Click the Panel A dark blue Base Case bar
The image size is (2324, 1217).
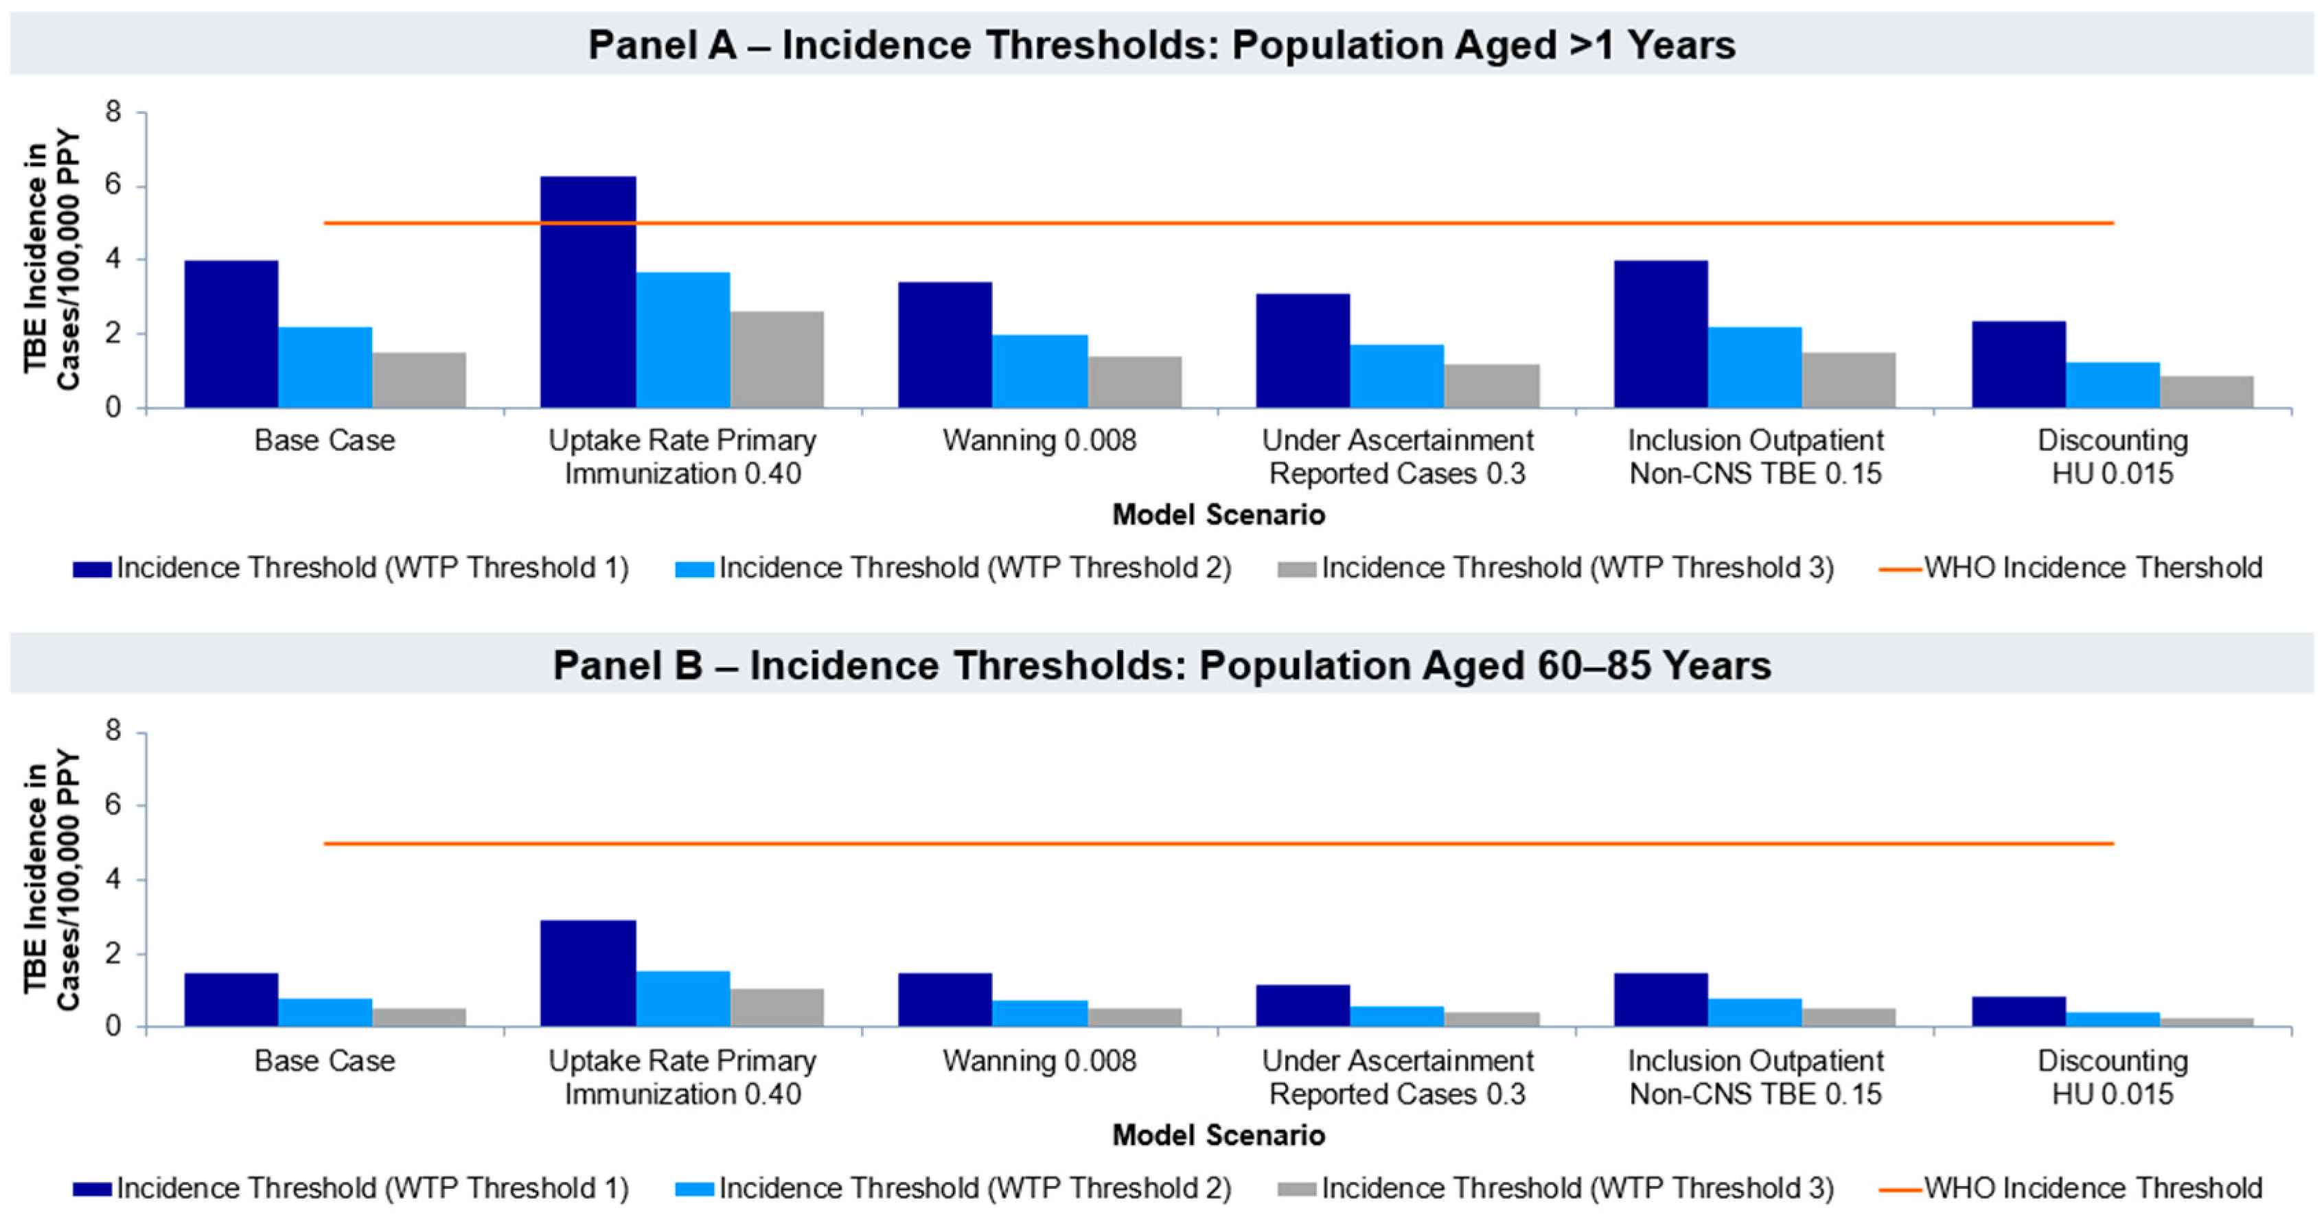click(231, 334)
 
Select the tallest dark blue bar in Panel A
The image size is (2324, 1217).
click(588, 292)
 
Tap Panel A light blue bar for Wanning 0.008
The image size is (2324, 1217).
click(1039, 371)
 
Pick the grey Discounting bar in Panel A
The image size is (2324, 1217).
click(2206, 391)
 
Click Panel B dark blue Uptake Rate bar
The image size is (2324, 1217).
click(588, 973)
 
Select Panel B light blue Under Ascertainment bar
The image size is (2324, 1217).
click(1396, 1017)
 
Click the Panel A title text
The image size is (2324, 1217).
click(1162, 44)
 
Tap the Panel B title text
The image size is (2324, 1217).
click(1162, 665)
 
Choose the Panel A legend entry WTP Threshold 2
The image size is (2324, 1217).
click(954, 568)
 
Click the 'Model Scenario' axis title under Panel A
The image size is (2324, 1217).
click(1218, 515)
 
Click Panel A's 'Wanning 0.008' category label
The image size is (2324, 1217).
click(1039, 440)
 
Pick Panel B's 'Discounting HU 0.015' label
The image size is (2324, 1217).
click(2113, 1077)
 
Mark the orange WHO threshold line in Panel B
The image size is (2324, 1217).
click(1218, 844)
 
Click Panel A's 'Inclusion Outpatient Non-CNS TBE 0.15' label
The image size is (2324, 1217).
click(1755, 456)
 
